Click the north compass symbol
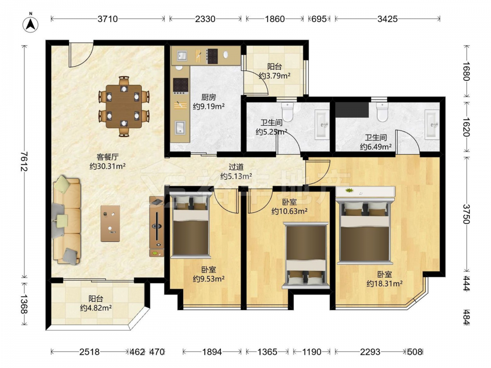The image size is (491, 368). [x=30, y=24]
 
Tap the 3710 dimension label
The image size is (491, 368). [x=108, y=19]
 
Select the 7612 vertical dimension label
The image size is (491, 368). [x=25, y=161]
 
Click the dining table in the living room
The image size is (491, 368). [x=124, y=106]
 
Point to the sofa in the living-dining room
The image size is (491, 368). [x=67, y=220]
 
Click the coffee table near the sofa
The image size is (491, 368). [x=110, y=223]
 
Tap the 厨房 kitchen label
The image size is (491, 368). [x=209, y=98]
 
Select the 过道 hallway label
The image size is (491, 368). [x=236, y=167]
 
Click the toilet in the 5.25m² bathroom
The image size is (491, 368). [x=287, y=112]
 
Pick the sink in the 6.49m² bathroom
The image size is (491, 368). [x=432, y=124]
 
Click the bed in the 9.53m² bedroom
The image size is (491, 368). [x=190, y=225]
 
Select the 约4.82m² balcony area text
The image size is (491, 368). [x=96, y=308]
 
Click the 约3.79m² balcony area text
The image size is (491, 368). [x=274, y=76]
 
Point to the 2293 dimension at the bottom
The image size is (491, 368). [x=370, y=352]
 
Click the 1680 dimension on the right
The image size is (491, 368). [x=466, y=72]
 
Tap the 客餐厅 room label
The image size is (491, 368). [x=108, y=157]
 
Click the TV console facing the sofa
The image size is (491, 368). [x=157, y=227]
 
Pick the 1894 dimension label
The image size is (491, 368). [x=212, y=352]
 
